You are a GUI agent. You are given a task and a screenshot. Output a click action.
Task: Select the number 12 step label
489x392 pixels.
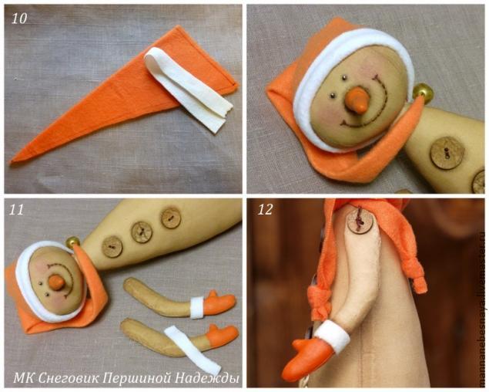[264, 209]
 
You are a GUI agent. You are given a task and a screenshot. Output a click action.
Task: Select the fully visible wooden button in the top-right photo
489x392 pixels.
[444, 151]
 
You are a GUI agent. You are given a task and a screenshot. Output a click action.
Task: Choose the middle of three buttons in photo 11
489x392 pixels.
[142, 231]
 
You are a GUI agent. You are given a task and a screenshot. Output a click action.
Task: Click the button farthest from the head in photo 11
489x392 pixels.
[171, 218]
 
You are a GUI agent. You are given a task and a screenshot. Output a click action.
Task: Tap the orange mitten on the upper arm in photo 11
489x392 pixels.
[219, 303]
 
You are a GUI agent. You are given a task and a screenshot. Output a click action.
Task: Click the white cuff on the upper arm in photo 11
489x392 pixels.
[197, 307]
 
